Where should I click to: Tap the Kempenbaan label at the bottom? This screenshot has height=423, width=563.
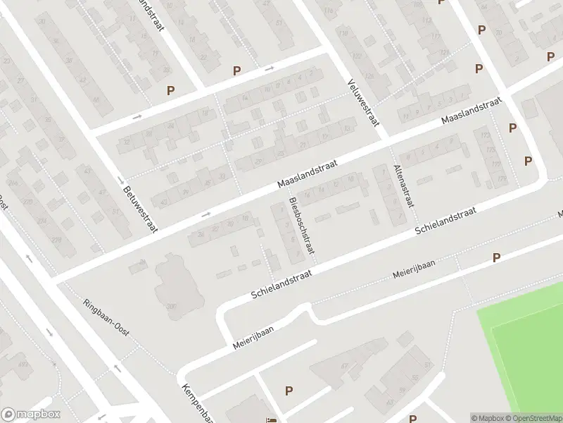pos(195,403)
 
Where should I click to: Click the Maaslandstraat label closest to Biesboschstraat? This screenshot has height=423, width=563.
pos(308,173)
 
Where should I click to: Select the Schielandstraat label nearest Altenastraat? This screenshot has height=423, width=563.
pos(446,221)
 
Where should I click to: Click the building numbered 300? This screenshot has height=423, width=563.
pos(170,305)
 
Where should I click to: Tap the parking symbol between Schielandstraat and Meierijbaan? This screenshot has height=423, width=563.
pos(497,258)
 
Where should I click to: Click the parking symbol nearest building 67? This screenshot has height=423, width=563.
pos(288,391)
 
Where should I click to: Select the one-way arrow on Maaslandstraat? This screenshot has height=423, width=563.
pos(206,214)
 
